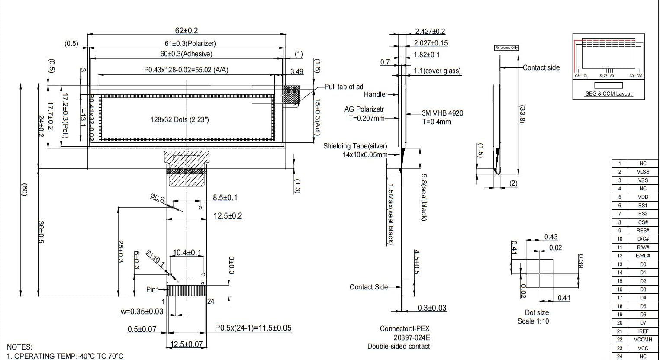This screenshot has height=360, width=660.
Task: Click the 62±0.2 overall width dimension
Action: tap(186, 30)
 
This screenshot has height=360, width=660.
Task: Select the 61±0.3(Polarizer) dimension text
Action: tap(190, 43)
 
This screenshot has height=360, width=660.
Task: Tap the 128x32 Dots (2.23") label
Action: tap(179, 119)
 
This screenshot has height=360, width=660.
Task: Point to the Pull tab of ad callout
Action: tap(344, 87)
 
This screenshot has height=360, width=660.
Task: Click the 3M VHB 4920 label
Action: tap(442, 113)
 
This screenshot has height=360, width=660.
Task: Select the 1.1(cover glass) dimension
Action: tap(437, 71)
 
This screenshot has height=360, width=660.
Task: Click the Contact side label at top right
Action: tap(541, 67)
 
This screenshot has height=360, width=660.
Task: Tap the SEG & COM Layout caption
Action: tap(608, 94)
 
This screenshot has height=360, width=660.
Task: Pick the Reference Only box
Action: tap(506, 48)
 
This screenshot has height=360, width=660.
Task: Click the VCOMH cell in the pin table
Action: tap(643, 340)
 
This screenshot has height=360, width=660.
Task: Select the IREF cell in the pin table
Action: tap(643, 331)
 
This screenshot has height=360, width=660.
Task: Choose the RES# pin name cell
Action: tap(643, 231)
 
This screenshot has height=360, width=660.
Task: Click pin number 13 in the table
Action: tap(620, 264)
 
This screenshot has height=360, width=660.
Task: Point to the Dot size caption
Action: tap(536, 312)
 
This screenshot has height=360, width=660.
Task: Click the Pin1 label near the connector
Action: tap(152, 289)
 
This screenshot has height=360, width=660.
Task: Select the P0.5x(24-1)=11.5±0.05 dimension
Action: tap(253, 328)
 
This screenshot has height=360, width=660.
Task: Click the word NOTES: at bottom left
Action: tap(19, 347)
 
